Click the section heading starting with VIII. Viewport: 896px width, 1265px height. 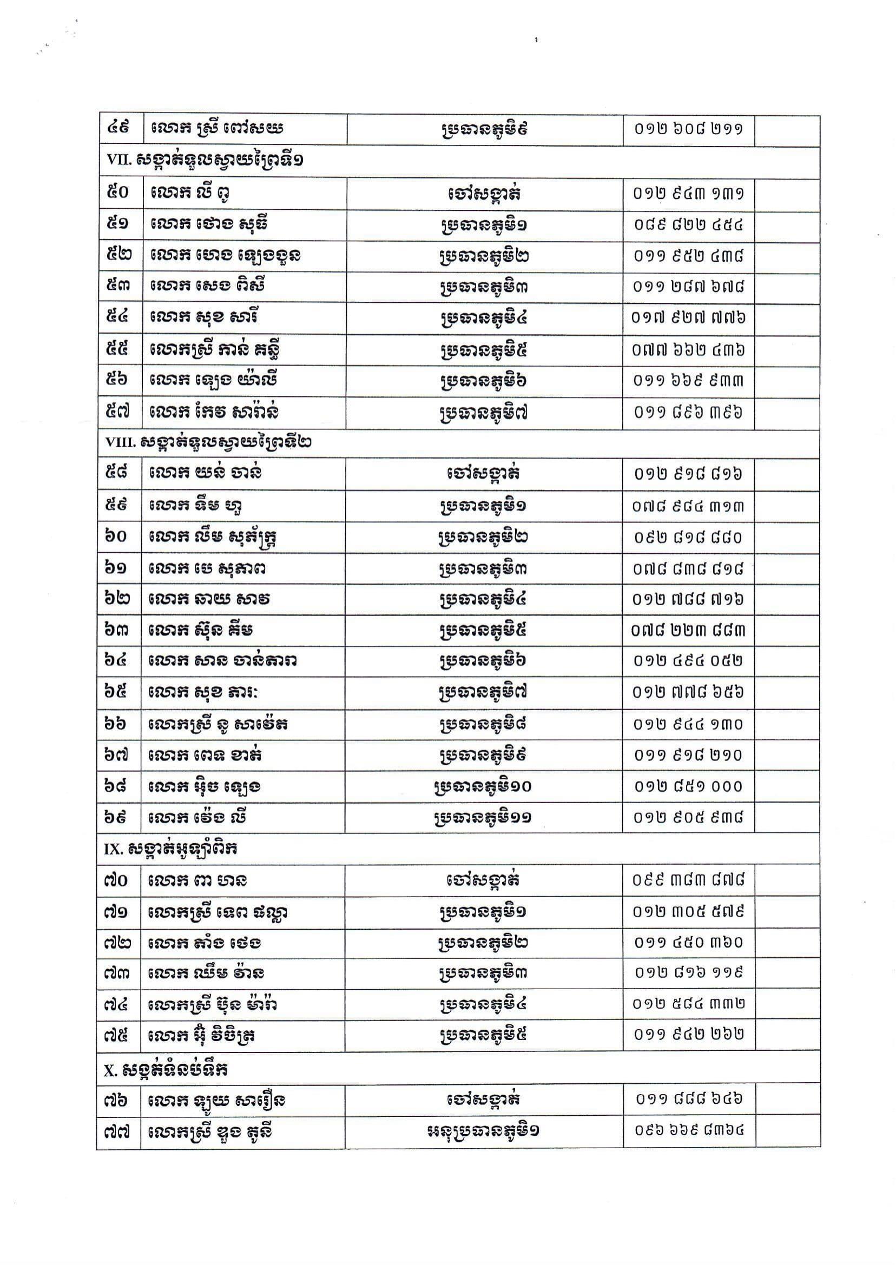coord(209,442)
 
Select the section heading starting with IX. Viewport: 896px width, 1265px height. coord(171,849)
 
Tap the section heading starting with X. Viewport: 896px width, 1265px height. coord(166,1070)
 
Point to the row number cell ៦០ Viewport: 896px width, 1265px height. coord(116,537)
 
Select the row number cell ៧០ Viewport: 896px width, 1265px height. coord(116,879)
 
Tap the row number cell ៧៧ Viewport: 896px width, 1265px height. coord(116,1132)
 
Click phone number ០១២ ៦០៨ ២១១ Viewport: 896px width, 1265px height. coord(688,130)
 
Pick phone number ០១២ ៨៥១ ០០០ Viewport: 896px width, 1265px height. coord(688,786)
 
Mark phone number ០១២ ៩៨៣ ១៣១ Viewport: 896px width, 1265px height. coord(688,194)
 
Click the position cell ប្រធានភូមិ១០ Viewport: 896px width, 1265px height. coord(483,786)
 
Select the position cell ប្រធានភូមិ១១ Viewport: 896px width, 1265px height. coord(483,817)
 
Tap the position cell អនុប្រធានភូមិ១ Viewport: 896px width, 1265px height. coord(483,1131)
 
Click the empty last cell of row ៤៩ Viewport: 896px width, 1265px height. coord(787,130)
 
